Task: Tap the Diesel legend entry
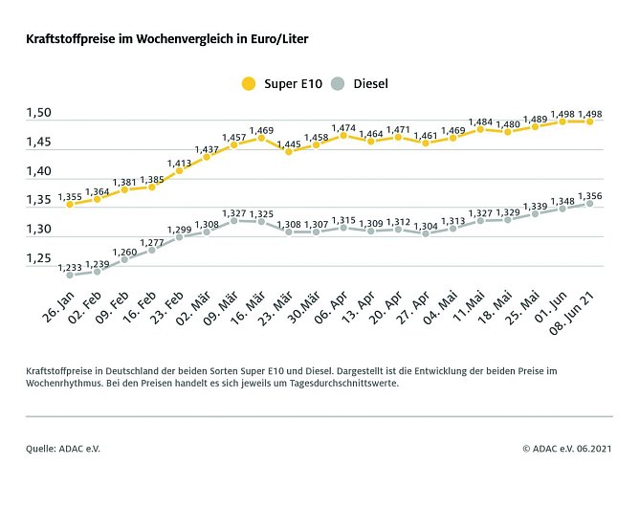[x=360, y=83]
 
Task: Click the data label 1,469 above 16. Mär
[x=261, y=129]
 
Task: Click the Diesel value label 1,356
[x=590, y=195]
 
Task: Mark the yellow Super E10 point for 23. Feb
[x=179, y=170]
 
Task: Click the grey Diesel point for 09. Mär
[x=233, y=221]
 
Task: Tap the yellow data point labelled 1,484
[x=480, y=129]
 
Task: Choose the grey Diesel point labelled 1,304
[x=426, y=233]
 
